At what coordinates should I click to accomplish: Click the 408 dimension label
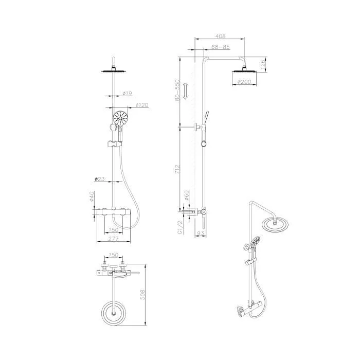tap(220, 37)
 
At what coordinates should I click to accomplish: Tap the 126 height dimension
tap(263, 64)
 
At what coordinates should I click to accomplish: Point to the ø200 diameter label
tap(243, 82)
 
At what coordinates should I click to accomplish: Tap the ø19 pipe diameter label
tap(128, 93)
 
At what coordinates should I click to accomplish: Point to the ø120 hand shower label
tap(141, 105)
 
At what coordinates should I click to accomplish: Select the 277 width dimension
tap(114, 239)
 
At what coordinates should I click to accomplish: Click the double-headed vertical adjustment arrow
tap(188, 91)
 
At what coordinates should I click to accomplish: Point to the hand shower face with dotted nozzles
tap(120, 119)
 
